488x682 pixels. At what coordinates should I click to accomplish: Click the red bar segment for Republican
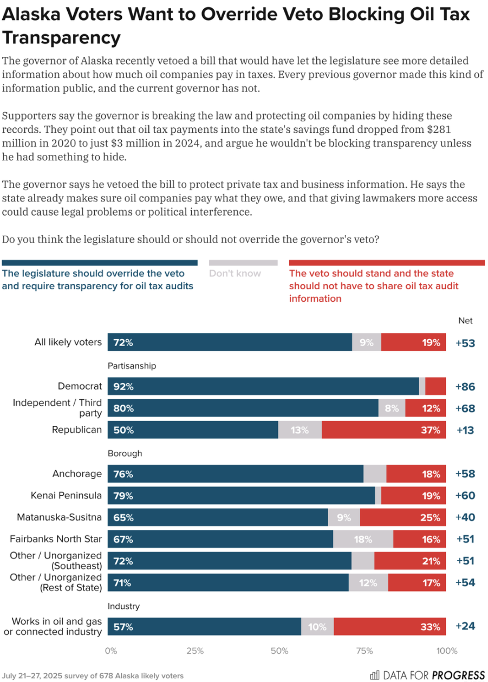tap(383, 430)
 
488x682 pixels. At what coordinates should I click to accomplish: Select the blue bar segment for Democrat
tap(263, 386)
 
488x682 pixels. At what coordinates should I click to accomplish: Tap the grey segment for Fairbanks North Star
tap(363, 539)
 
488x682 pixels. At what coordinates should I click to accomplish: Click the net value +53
tap(465, 342)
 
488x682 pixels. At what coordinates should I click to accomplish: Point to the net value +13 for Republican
tap(465, 430)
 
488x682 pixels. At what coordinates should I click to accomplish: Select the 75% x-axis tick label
tap(364, 651)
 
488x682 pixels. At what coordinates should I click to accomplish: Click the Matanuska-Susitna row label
tap(60, 517)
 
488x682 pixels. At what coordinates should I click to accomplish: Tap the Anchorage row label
tap(77, 473)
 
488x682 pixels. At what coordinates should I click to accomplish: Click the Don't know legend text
tap(235, 274)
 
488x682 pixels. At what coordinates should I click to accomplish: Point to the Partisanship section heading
tap(132, 366)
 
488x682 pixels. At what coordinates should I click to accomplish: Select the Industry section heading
tap(123, 606)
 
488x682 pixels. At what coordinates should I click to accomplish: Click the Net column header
tap(465, 321)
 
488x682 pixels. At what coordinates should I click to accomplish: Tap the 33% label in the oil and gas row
tap(430, 627)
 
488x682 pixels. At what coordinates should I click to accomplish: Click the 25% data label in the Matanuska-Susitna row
tap(430, 517)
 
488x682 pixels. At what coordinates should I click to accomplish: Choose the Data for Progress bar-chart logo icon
tap(375, 675)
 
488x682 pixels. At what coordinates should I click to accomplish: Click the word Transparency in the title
tap(61, 38)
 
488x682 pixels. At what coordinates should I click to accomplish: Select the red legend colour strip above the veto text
tap(387, 263)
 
